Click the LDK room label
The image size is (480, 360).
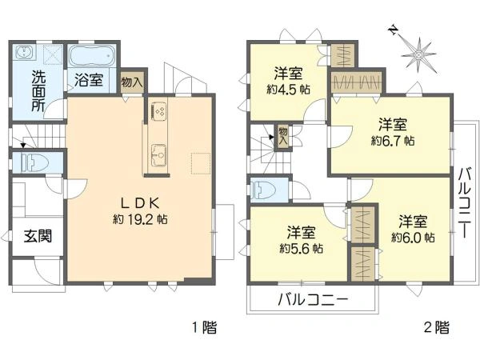pos(140,203)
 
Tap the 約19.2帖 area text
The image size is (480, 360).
pos(140,219)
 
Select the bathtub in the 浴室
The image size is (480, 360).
pos(91,56)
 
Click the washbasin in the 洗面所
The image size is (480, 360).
pos(23,52)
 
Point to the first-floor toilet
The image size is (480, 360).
pos(34,162)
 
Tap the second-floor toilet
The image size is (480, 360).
pos(262,190)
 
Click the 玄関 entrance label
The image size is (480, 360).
pos(38,236)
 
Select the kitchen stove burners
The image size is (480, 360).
pos(158,111)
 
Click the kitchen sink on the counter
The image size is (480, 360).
pos(158,155)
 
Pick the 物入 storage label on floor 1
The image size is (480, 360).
pos(132,82)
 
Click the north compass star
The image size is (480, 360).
pos(418,54)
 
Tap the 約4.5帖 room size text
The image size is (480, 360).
pos(288,90)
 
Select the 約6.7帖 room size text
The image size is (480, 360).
pos(393,141)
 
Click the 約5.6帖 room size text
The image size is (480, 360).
pos(302,248)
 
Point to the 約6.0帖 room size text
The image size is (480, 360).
pos(413,238)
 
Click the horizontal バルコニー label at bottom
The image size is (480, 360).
pos(313,300)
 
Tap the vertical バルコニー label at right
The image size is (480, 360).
pos(464,202)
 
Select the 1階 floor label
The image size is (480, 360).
pos(204,328)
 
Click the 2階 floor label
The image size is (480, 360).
pos(437,328)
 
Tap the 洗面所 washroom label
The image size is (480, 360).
pos(39,92)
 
